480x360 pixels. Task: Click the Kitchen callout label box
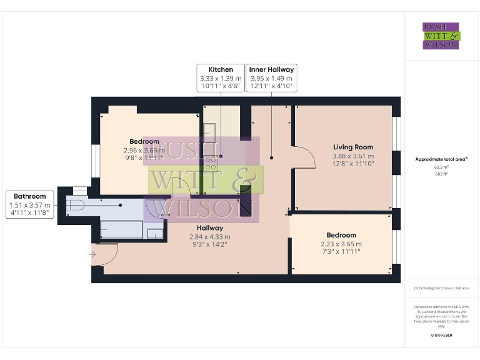221,78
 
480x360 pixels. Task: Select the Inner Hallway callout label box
271,78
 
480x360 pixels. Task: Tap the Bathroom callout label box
29,205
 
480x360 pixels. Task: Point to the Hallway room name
209,228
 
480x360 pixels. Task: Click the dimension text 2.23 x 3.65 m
341,244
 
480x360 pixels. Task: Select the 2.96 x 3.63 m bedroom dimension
144,150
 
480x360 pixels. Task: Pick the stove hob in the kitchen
211,164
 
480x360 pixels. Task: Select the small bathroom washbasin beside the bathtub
154,233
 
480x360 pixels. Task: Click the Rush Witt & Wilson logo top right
441,36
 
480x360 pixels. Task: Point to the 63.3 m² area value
441,167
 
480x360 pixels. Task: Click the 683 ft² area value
441,174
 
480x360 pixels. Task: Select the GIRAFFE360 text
441,336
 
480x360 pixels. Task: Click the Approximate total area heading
441,159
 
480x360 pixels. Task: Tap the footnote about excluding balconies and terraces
441,288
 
